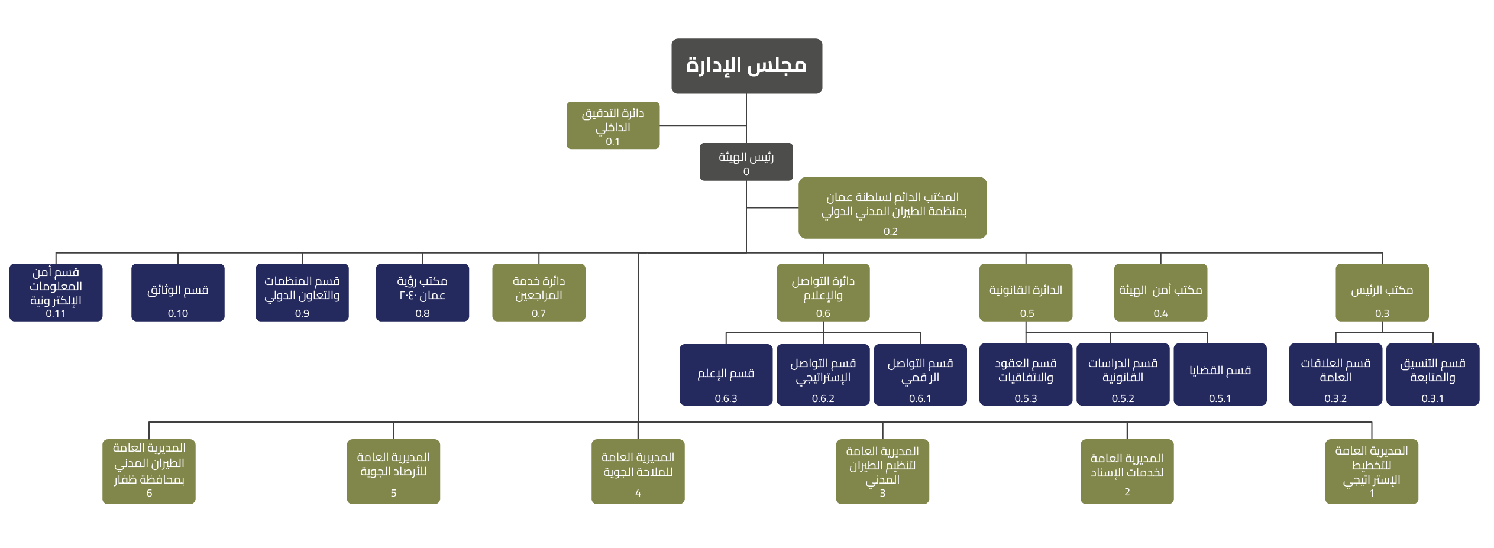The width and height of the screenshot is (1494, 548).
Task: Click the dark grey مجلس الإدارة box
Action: pyautogui.click(x=746, y=66)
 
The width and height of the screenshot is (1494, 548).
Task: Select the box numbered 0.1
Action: pyautogui.click(x=613, y=125)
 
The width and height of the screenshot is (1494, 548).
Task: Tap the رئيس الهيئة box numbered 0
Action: pyautogui.click(x=746, y=162)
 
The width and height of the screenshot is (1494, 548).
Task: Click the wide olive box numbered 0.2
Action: pyautogui.click(x=892, y=208)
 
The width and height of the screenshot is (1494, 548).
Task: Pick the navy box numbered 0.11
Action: pyautogui.click(x=56, y=293)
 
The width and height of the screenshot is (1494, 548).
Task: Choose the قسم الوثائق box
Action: pyautogui.click(x=178, y=293)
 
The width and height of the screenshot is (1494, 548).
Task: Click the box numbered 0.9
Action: pyautogui.click(x=302, y=293)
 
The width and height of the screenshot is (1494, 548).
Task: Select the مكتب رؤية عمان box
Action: pyautogui.click(x=422, y=293)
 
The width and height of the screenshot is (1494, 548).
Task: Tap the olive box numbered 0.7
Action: pyautogui.click(x=539, y=293)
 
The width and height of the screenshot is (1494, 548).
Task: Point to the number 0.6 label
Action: pyautogui.click(x=823, y=313)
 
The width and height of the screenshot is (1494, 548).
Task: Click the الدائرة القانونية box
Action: pyautogui.click(x=1026, y=293)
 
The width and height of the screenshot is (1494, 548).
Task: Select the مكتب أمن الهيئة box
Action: pyautogui.click(x=1160, y=293)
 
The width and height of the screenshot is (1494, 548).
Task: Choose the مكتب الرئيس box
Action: pyautogui.click(x=1382, y=293)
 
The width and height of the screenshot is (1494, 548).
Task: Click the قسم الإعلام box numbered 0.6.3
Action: pyautogui.click(x=726, y=375)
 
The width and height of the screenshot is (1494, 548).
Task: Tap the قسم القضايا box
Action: pyautogui.click(x=1220, y=375)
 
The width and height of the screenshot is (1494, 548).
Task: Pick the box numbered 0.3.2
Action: pyautogui.click(x=1335, y=375)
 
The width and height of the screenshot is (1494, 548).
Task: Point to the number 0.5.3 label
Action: pyautogui.click(x=1026, y=398)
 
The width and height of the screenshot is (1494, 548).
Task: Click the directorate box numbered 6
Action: pyautogui.click(x=149, y=472)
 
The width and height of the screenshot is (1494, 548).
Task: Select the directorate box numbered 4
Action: pyautogui.click(x=638, y=472)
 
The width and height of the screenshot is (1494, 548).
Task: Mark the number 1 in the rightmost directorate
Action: pyautogui.click(x=1372, y=493)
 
